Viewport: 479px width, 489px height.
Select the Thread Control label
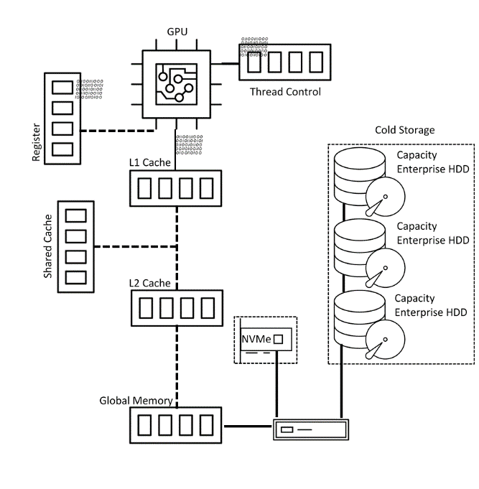click(x=285, y=92)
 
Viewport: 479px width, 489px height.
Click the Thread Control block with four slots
click(x=284, y=63)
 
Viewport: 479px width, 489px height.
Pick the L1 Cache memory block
click(x=177, y=188)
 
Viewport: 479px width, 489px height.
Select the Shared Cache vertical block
click(x=75, y=246)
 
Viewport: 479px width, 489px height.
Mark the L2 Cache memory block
click(x=177, y=309)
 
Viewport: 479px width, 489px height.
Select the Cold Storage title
click(x=405, y=130)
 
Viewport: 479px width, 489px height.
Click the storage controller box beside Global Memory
click(x=311, y=430)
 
